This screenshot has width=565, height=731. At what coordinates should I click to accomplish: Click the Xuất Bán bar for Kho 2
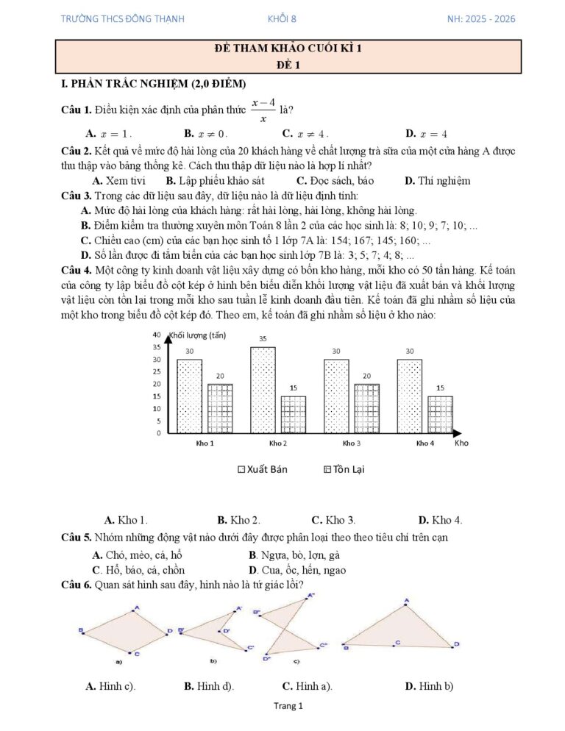263,390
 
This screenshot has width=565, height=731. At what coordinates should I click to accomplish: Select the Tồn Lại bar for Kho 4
440,415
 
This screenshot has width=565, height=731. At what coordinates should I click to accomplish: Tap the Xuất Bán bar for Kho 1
190,396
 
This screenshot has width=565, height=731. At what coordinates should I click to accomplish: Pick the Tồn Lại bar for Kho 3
366,408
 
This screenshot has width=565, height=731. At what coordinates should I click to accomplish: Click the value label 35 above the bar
263,338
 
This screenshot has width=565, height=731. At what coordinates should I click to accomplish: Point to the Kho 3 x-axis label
352,443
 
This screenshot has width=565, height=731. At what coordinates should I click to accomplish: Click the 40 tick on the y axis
157,335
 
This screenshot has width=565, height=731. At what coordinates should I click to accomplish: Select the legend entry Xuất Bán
263,469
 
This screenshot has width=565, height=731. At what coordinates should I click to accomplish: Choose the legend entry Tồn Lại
344,469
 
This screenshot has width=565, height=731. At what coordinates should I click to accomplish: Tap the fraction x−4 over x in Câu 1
263,110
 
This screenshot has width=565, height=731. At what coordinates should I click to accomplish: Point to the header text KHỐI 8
282,18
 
